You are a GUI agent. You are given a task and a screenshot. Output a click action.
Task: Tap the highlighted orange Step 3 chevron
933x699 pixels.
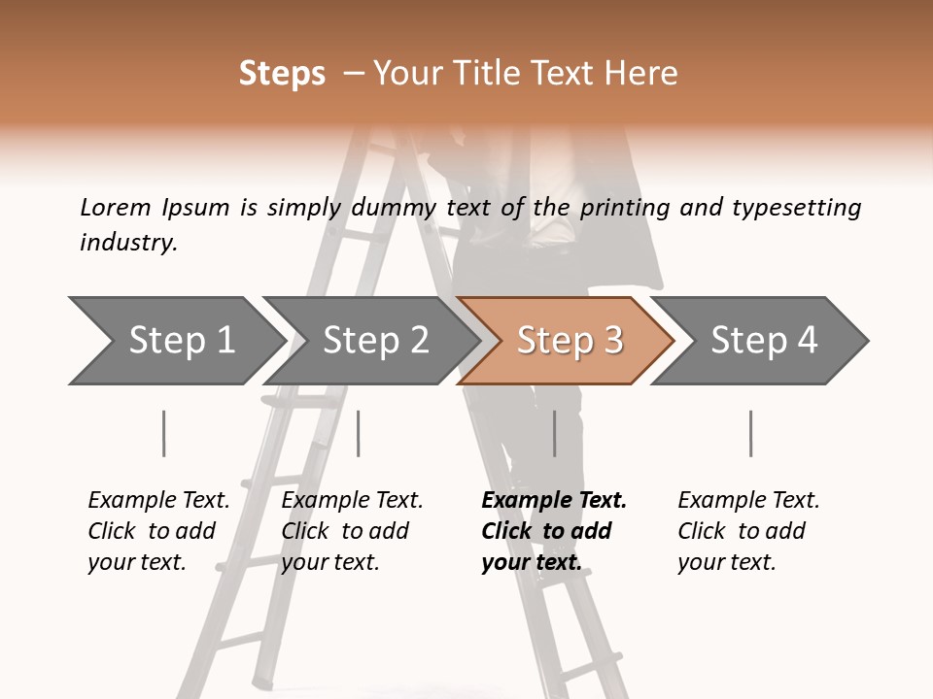click(x=569, y=341)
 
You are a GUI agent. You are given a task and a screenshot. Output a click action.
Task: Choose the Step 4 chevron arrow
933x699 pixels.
click(x=763, y=341)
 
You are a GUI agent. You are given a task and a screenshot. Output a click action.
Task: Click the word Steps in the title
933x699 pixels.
click(x=282, y=74)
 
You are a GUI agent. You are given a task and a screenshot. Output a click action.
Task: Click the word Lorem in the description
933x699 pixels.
click(x=115, y=207)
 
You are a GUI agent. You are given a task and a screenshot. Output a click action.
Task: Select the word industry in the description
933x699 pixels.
click(x=128, y=243)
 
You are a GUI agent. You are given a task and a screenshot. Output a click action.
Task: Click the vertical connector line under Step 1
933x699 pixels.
click(x=164, y=433)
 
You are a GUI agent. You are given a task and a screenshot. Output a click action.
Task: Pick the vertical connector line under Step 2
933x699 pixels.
click(x=359, y=433)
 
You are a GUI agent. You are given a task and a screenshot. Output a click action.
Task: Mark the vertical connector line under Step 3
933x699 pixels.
click(x=555, y=433)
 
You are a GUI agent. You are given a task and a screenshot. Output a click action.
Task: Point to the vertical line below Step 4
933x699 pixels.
click(x=751, y=433)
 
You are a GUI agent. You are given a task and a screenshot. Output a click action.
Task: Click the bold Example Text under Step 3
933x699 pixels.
click(x=554, y=501)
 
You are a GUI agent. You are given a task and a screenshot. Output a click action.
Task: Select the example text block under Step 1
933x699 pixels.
click(x=158, y=531)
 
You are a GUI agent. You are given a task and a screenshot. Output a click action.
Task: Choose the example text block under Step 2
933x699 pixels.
click(x=352, y=531)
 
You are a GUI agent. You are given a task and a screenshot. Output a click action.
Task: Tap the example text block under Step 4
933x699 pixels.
click(x=748, y=531)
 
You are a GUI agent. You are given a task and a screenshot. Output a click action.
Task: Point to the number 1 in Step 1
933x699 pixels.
click(x=225, y=341)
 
